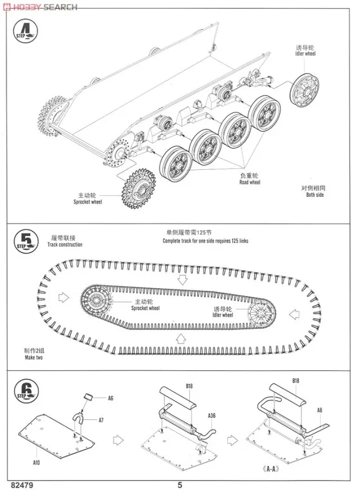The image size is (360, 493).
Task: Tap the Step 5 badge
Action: point(24,241)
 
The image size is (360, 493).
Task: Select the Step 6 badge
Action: point(24,390)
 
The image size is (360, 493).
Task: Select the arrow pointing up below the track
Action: point(181,337)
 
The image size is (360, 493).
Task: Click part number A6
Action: point(110,398)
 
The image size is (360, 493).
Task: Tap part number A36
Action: point(211,416)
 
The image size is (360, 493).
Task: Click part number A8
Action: point(319,410)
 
